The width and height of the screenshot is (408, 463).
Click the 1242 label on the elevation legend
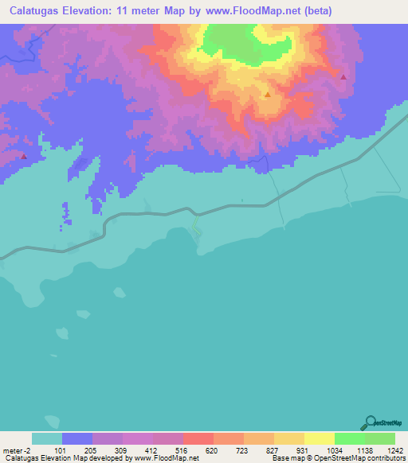coord(386,449)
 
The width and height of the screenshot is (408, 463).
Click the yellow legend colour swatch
coord(320,438)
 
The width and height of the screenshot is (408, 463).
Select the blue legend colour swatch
coord(77,438)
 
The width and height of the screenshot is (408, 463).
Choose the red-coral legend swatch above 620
coord(198,438)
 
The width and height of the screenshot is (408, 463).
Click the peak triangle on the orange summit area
coord(267,95)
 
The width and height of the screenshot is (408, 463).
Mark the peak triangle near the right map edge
coord(343,77)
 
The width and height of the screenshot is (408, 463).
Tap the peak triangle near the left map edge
coord(24,157)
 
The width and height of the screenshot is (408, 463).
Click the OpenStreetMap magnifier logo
coord(370,422)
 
